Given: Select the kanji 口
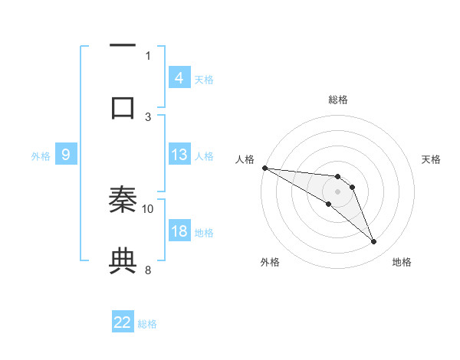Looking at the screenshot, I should pyautogui.click(x=123, y=107).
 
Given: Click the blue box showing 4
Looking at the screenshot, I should pyautogui.click(x=179, y=77).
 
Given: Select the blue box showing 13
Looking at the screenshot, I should pyautogui.click(x=179, y=155).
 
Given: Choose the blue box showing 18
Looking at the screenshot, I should pyautogui.click(x=179, y=231).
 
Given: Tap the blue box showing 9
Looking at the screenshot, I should pyautogui.click(x=66, y=155).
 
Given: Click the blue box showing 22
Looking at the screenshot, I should pyautogui.click(x=123, y=322).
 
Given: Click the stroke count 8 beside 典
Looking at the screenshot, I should pyautogui.click(x=148, y=270).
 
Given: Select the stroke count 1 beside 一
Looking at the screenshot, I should pyautogui.click(x=148, y=55).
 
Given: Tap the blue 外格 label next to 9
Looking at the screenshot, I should pyautogui.click(x=41, y=155).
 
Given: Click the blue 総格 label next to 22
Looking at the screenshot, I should pyautogui.click(x=147, y=324).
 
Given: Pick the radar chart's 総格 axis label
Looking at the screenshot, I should pyautogui.click(x=337, y=100).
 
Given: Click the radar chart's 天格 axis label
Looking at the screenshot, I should pyautogui.click(x=432, y=159).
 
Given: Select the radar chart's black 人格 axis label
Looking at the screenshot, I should pyautogui.click(x=245, y=159).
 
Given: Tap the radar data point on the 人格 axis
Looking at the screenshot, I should pyautogui.click(x=264, y=168).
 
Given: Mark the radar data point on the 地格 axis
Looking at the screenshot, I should pyautogui.click(x=374, y=242).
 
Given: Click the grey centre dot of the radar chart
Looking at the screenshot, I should pyautogui.click(x=337, y=191).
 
